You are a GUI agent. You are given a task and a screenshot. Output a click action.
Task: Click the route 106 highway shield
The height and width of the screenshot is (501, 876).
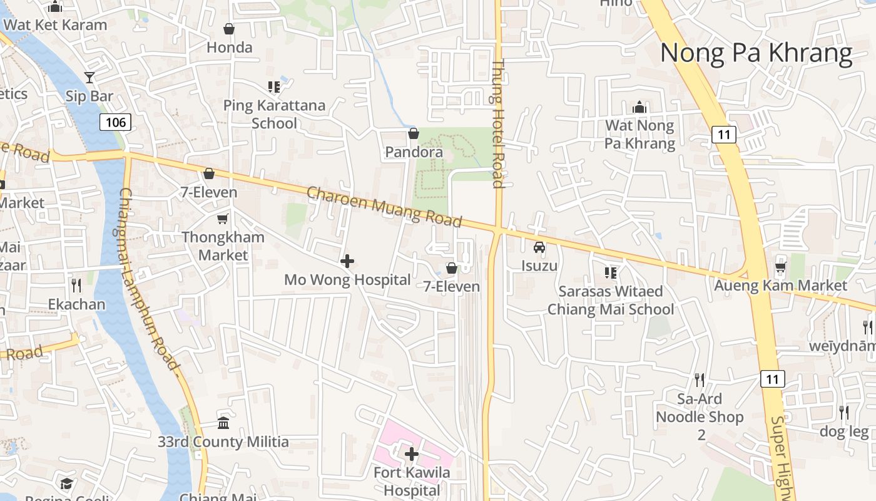[x=115, y=121]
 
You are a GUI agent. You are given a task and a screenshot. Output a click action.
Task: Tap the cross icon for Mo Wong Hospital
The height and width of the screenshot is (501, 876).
[x=347, y=261]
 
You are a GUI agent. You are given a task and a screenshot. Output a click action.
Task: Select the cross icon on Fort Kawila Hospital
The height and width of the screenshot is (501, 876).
[x=412, y=453]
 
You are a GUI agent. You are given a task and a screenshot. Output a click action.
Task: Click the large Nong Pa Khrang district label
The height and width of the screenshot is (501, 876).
[x=756, y=53]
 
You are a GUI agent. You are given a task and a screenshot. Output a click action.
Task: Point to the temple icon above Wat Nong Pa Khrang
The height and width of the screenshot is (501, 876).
[x=639, y=108]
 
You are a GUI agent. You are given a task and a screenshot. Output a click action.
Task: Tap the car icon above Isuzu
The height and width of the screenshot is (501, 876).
[x=539, y=247]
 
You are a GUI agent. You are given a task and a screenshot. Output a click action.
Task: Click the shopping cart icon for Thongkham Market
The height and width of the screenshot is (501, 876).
[x=222, y=219]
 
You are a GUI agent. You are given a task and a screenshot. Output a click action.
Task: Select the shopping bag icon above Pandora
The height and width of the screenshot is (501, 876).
[x=413, y=133]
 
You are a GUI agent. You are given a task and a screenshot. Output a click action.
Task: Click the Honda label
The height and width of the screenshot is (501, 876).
[x=230, y=48]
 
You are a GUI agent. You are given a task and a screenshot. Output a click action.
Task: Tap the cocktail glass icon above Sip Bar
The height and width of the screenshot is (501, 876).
[x=89, y=78]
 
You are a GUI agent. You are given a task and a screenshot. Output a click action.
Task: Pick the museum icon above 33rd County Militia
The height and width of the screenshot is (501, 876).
[x=223, y=423]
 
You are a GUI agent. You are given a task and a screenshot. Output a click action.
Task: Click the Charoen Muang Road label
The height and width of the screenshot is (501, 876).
[x=384, y=206]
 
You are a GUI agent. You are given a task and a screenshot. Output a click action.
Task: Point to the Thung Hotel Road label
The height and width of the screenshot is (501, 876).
[x=498, y=123]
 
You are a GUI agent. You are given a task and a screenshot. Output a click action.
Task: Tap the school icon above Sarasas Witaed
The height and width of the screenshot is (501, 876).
[x=611, y=272]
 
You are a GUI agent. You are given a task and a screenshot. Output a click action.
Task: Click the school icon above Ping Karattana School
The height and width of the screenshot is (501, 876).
[x=274, y=86]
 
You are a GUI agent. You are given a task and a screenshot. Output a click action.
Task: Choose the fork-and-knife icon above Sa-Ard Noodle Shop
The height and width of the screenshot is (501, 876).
[x=700, y=380]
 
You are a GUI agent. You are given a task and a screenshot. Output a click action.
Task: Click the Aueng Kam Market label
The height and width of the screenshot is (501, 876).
[x=781, y=286]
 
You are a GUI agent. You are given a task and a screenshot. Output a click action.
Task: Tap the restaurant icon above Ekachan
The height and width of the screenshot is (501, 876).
[x=76, y=286]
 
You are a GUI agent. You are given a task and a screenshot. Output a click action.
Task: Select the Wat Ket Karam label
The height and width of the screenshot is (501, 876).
[x=55, y=25]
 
